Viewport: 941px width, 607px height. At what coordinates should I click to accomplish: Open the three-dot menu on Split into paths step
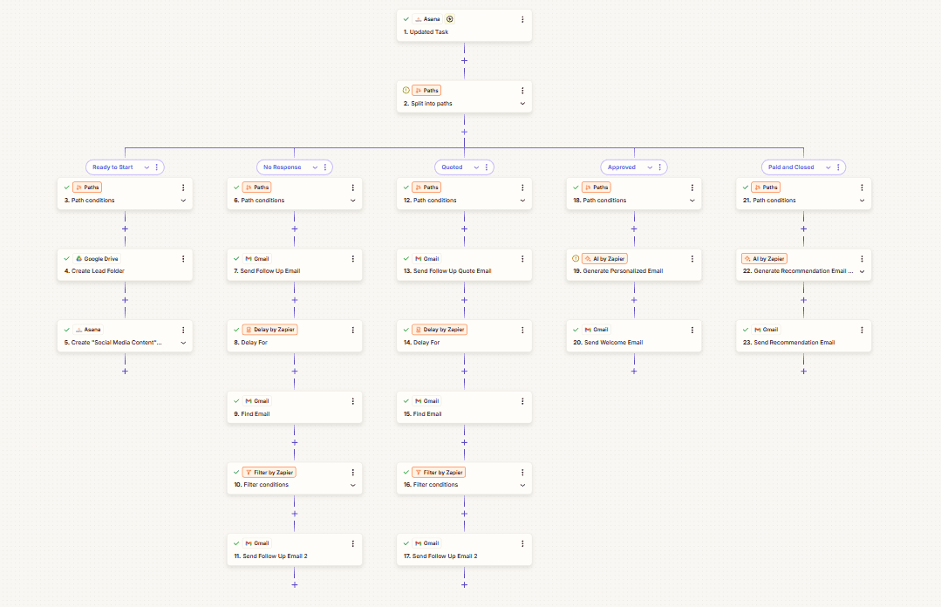(522, 90)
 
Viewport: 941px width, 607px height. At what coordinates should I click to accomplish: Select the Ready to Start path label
(113, 167)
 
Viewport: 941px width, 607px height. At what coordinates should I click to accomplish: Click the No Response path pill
(282, 167)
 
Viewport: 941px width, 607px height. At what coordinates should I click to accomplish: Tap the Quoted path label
(452, 167)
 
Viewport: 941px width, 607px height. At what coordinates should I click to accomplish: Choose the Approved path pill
(622, 167)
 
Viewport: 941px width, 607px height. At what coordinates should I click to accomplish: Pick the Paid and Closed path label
(791, 167)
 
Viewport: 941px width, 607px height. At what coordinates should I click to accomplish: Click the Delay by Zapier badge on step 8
(269, 330)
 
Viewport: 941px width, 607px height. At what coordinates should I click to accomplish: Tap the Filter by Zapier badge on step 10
(269, 472)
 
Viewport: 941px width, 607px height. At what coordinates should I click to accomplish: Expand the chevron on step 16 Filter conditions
(522, 485)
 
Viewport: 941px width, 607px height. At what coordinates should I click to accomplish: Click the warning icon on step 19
(576, 259)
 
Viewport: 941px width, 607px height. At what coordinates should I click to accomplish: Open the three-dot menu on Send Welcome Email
(692, 330)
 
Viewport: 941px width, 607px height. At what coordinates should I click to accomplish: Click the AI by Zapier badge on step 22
(764, 259)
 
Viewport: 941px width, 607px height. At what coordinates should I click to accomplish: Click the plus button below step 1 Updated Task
(464, 61)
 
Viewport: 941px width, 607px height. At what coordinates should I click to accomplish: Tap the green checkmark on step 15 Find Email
(406, 401)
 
